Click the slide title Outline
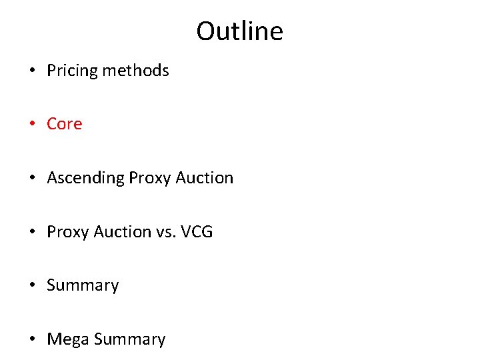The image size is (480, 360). tap(239, 31)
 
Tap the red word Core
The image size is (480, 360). tap(65, 124)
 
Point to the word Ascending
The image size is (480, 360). tap(85, 178)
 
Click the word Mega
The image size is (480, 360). tap(68, 339)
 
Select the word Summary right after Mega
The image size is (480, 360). tap(129, 339)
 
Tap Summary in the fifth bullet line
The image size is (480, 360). tap(83, 285)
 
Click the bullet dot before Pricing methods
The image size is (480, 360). tap(33, 71)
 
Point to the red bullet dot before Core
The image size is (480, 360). tap(33, 125)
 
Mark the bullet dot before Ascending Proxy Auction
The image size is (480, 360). tap(33, 179)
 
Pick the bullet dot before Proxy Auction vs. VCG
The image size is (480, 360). tap(33, 233)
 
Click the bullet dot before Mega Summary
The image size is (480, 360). tap(33, 340)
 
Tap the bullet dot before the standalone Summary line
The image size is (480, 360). tap(33, 286)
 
